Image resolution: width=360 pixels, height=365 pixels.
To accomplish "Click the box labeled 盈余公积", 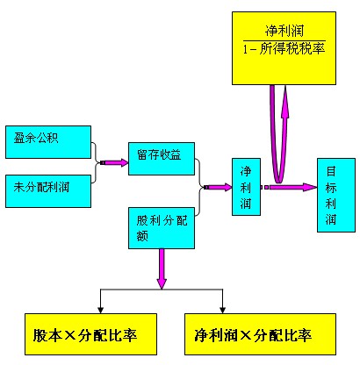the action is (48, 142).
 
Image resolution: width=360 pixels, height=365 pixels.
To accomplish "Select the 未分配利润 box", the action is (48, 191).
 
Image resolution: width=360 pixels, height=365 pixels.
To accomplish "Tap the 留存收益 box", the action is (162, 159).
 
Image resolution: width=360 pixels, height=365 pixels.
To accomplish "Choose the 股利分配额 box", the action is (162, 228).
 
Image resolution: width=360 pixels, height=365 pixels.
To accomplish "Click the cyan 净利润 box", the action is (246, 187).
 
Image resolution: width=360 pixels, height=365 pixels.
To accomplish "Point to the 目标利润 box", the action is (336, 196).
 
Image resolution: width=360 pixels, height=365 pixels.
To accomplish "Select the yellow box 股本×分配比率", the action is (90, 334).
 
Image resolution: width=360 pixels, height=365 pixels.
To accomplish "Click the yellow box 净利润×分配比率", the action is (260, 334).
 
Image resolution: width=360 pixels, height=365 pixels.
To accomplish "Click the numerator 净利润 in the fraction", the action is (284, 31).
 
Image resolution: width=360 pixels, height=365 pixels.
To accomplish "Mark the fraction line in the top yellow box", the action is (284, 40).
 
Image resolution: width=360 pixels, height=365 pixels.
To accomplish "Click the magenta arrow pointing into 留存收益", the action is (114, 162).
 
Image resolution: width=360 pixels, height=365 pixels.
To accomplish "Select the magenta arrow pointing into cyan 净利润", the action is (218, 187).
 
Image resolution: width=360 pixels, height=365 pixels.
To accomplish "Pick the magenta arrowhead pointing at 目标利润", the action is (310, 187).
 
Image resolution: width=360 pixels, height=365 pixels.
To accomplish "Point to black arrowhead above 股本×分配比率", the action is (100, 310).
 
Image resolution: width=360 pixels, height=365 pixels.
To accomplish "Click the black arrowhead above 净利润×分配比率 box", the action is (222, 310).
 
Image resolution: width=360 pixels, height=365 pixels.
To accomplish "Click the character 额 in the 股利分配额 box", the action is (142, 235).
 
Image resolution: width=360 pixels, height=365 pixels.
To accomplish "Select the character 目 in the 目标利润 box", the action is (331, 171).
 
